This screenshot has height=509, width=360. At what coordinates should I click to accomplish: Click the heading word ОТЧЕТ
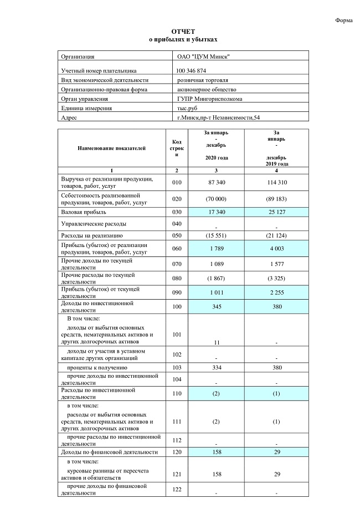[183, 32]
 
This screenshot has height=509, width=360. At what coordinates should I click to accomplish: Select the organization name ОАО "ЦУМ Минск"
[203, 56]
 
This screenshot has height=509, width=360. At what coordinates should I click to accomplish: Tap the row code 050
[177, 236]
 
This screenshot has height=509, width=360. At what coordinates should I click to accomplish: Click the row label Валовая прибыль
[84, 212]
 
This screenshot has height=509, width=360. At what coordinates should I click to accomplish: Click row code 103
[177, 368]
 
